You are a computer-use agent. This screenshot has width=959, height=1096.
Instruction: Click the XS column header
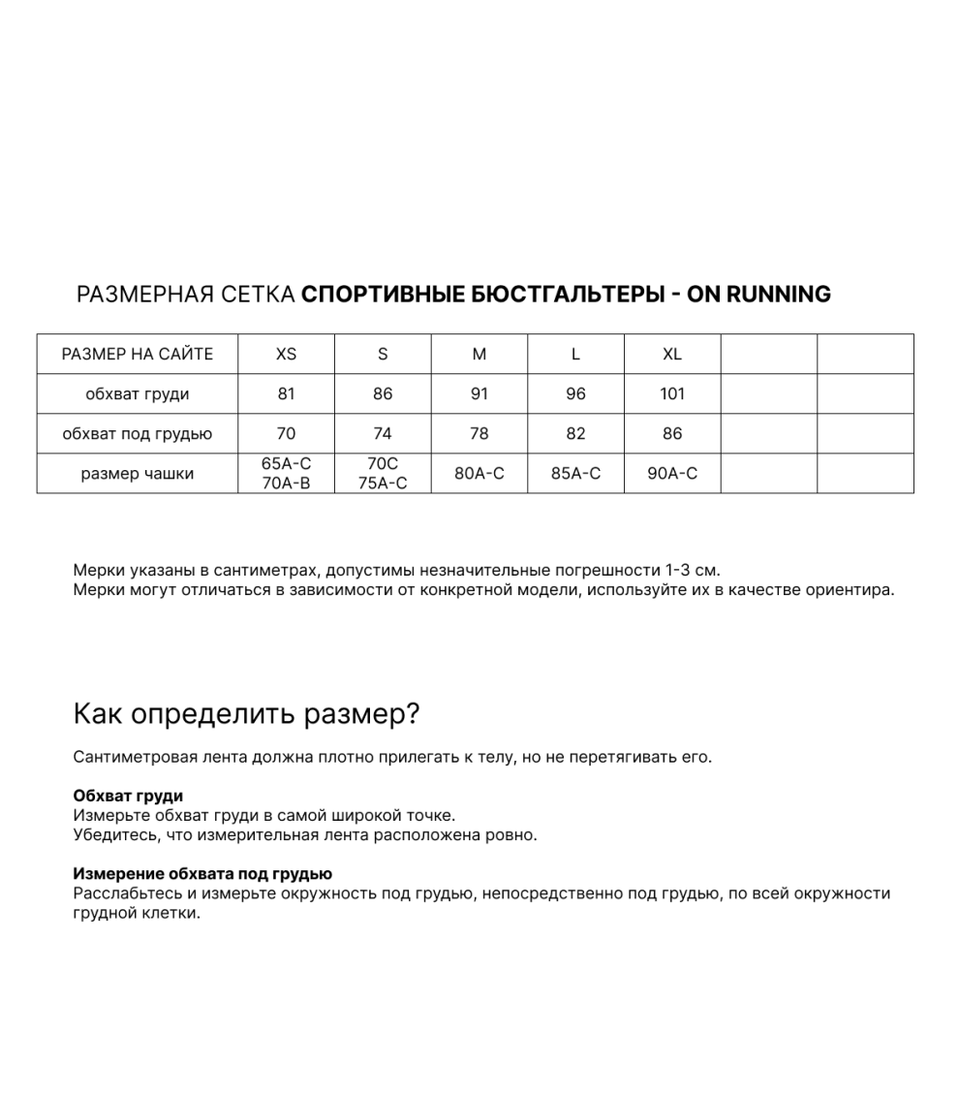[x=286, y=355]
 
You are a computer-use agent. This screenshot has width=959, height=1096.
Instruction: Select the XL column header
[x=672, y=355]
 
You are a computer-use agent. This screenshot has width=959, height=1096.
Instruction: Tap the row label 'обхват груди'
[x=137, y=394]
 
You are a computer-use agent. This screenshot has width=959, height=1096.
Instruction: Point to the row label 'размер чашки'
[x=137, y=474]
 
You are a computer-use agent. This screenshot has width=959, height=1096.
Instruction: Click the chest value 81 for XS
[x=286, y=394]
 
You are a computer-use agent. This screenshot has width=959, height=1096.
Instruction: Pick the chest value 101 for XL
[x=672, y=394]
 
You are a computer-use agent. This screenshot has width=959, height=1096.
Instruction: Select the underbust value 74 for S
[x=383, y=434]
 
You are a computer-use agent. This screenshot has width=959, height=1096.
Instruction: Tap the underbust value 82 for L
[x=575, y=434]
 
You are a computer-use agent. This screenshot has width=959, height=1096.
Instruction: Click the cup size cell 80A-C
[x=479, y=474]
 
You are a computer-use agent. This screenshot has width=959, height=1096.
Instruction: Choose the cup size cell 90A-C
[x=672, y=474]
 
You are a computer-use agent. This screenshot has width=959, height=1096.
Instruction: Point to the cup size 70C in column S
[x=383, y=464]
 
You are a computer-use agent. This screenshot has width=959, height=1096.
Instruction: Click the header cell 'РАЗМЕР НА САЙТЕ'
[x=137, y=355]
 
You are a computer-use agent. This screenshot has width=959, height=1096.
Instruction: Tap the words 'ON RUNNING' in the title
[x=758, y=295]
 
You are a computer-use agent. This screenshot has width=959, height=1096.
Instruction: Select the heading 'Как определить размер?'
[x=246, y=715]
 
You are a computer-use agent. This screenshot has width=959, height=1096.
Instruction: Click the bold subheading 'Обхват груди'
[x=128, y=797]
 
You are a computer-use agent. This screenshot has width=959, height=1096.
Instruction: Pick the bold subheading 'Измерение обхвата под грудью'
[x=202, y=874]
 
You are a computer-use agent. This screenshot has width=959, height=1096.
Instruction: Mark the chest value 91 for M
[x=479, y=394]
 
